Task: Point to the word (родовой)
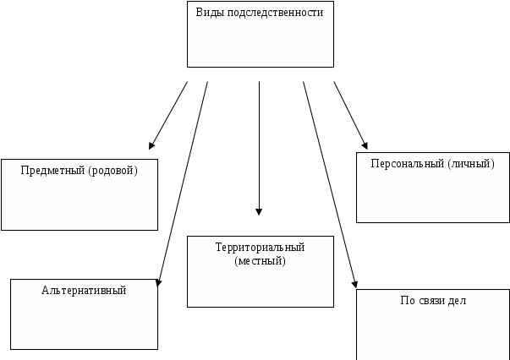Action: click(113, 170)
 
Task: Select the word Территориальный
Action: click(260, 247)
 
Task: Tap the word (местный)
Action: click(260, 260)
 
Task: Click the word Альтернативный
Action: click(84, 290)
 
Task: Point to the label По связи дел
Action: click(432, 300)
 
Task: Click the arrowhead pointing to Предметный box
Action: click(151, 146)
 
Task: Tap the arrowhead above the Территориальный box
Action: click(259, 212)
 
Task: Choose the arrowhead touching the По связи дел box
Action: click(356, 285)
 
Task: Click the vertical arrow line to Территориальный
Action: click(259, 144)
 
